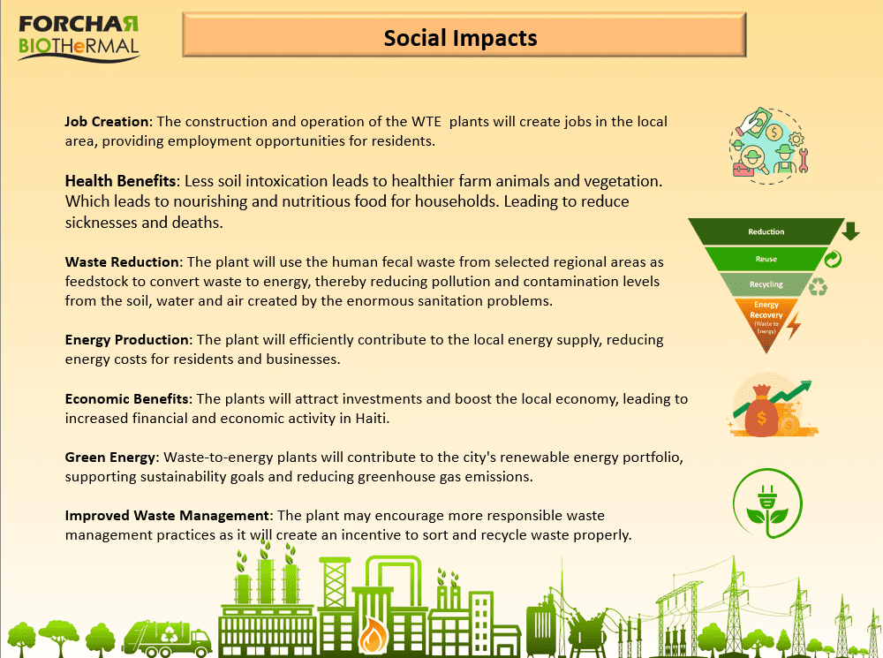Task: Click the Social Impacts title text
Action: pyautogui.click(x=460, y=38)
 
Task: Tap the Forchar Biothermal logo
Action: pyautogui.click(x=79, y=38)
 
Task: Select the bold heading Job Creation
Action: pyautogui.click(x=107, y=122)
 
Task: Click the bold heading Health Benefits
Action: pyautogui.click(x=120, y=181)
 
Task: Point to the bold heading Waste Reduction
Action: pyautogui.click(x=122, y=262)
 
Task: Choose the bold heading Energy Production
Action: pyautogui.click(x=126, y=340)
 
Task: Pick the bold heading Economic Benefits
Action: pyautogui.click(x=126, y=399)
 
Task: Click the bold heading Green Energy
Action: pyautogui.click(x=109, y=458)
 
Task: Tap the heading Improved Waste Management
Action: pyautogui.click(x=167, y=516)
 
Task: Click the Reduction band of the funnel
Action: pyautogui.click(x=766, y=231)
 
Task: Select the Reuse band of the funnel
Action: pyautogui.click(x=766, y=259)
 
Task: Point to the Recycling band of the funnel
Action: pyautogui.click(x=766, y=284)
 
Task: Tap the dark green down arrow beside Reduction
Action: pyautogui.click(x=851, y=231)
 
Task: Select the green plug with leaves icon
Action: pyautogui.click(x=767, y=503)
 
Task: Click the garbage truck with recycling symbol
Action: pyautogui.click(x=167, y=639)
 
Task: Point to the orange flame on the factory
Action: pyautogui.click(x=373, y=635)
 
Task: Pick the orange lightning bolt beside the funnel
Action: pyautogui.click(x=794, y=326)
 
